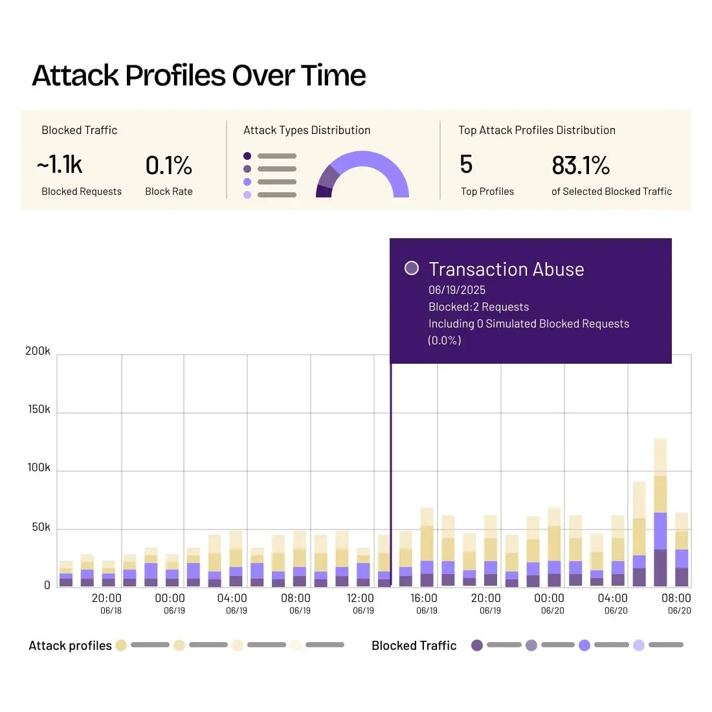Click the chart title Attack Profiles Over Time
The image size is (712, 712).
pos(199,76)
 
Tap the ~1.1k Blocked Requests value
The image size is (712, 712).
pos(60,165)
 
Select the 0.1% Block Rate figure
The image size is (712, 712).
pos(168,166)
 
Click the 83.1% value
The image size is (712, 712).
pos(581,166)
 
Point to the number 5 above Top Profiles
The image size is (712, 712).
pos(466,164)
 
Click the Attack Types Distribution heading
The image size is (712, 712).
pos(307,130)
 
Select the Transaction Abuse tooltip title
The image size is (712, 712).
pos(506,269)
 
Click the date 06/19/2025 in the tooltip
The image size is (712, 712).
pos(457,290)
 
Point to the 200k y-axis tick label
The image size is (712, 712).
pos(38,351)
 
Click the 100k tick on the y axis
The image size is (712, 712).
pos(38,467)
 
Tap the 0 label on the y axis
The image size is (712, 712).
pos(47,585)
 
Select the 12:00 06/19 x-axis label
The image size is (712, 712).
pos(361,603)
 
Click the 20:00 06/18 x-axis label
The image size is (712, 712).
pos(107,603)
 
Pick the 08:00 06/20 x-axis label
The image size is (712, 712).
pos(676,603)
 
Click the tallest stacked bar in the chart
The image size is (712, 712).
pos(660,511)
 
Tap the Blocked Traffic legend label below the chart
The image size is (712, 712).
pos(414,645)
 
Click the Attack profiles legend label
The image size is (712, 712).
pos(70,645)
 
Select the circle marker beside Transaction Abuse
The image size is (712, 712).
pos(411,268)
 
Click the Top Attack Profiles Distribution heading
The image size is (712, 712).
pos(537,130)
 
